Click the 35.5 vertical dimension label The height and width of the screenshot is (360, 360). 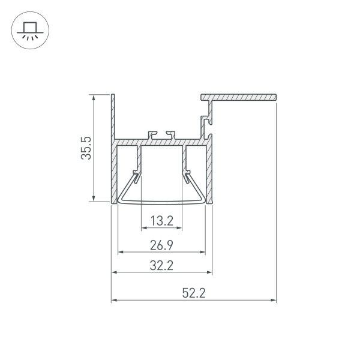pyautogui.click(x=86, y=148)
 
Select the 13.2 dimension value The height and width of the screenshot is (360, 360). pyautogui.click(x=161, y=221)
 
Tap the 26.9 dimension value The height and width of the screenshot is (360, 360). pyautogui.click(x=161, y=244)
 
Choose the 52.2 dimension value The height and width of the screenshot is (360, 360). pyautogui.click(x=193, y=293)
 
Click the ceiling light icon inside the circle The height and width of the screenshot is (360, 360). pyautogui.click(x=28, y=30)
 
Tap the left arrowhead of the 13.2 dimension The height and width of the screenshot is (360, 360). pyautogui.click(x=144, y=229)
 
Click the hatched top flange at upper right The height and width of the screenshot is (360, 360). pyautogui.click(x=240, y=96)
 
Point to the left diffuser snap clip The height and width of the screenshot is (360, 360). pyautogui.click(x=137, y=177)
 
